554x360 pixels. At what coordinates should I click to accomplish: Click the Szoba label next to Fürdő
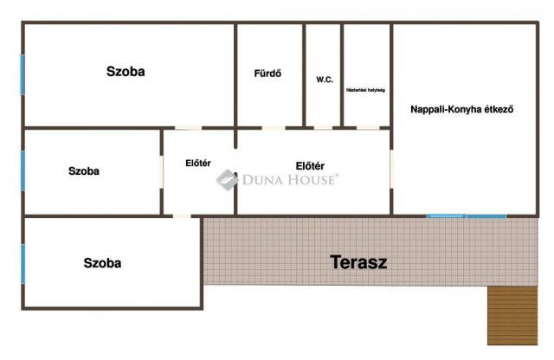click(126, 72)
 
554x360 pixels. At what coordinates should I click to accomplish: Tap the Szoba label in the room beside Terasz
click(102, 262)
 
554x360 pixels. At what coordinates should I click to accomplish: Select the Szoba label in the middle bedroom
click(84, 171)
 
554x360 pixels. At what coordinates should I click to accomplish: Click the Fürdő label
click(268, 73)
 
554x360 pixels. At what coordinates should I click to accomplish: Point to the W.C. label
click(325, 80)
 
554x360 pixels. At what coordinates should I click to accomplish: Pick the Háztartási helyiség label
click(365, 89)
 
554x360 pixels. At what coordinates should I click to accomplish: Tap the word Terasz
click(358, 262)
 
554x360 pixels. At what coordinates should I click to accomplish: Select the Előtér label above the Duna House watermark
click(310, 165)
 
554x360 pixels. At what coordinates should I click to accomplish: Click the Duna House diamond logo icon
click(227, 179)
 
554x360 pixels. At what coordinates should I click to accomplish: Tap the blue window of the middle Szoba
click(23, 170)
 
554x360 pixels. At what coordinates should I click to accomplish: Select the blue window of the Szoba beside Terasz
click(23, 262)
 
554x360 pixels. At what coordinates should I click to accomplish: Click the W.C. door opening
click(323, 128)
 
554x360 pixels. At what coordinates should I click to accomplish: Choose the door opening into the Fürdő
click(274, 128)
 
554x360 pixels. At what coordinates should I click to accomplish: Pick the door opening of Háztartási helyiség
click(368, 128)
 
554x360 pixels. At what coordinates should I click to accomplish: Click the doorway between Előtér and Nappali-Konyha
click(392, 170)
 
